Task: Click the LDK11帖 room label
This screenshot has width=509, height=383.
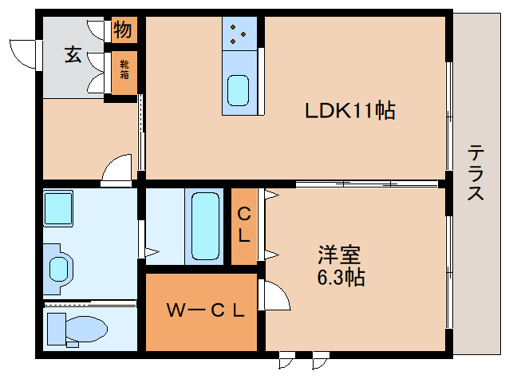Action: pos(350,111)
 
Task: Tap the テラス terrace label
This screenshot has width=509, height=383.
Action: pos(476,172)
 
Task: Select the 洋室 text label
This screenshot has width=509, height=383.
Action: pos(339,255)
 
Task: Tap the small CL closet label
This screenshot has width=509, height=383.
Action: pos(245,226)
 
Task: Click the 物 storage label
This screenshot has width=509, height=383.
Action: pos(123,31)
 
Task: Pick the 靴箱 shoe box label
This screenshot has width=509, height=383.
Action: pos(124,70)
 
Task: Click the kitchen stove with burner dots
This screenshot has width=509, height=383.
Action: pos(239,32)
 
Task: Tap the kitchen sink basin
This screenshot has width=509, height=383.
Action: pos(239,89)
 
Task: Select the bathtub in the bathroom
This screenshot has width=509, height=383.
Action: pos(205,226)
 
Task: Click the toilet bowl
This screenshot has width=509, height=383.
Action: pos(87,327)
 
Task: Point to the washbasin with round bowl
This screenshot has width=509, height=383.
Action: pos(60,267)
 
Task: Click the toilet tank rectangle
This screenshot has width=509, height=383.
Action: pos(56,327)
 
